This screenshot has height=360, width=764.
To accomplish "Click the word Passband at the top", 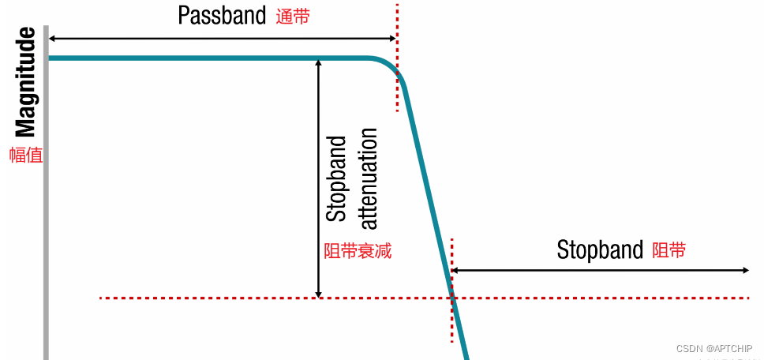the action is point(222,15).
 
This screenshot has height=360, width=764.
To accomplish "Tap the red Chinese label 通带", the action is point(293,17).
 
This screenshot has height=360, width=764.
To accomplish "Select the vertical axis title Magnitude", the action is point(26,82).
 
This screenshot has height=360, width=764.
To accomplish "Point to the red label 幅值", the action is point(25,156).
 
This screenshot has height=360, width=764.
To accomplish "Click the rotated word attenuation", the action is point(367,178).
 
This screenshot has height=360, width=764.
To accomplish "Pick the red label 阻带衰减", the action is point(358,252).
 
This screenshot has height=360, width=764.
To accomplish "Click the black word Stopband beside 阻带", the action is point(600,250).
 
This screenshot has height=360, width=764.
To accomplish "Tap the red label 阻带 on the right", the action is point(668,251).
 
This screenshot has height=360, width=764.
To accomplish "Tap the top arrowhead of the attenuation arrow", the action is point(318,63).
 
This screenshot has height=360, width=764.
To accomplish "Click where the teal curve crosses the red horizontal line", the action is point(452,298).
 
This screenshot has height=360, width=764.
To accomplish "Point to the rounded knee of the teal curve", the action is point(392,66).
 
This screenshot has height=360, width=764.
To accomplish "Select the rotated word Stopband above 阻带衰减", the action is point(336,178).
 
